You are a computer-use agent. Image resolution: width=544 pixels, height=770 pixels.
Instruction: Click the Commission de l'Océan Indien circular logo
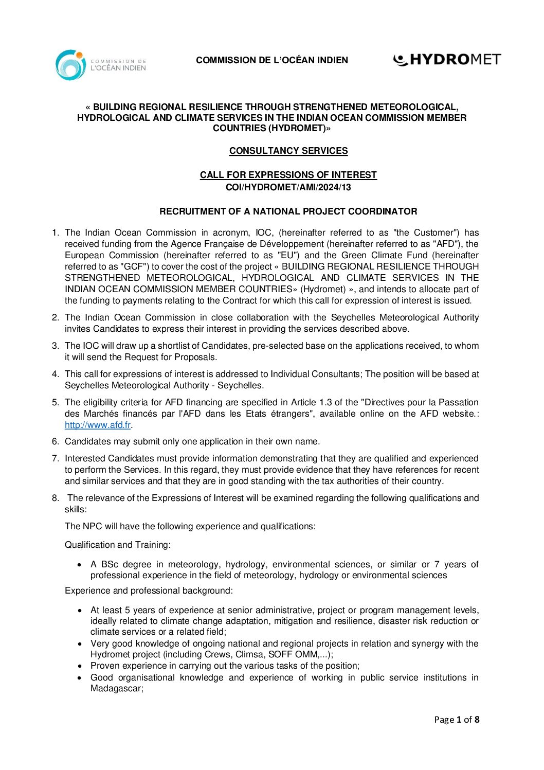pyautogui.click(x=70, y=65)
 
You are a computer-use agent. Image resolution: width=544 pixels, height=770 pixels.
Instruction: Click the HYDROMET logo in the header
pyautogui.click(x=446, y=60)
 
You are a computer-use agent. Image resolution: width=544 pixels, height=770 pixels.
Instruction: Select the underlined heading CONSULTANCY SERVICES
pyautogui.click(x=288, y=151)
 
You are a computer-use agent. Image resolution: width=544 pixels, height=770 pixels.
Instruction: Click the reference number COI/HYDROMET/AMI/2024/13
pyautogui.click(x=288, y=187)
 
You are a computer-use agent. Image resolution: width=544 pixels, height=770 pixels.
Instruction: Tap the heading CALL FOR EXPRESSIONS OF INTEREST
pyautogui.click(x=288, y=175)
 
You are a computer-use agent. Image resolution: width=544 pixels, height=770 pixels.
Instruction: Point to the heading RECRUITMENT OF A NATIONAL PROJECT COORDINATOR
pyautogui.click(x=288, y=211)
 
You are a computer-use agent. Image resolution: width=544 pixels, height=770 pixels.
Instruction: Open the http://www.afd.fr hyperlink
pyautogui.click(x=98, y=425)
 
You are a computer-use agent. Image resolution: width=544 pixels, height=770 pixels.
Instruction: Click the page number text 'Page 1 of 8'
pyautogui.click(x=457, y=720)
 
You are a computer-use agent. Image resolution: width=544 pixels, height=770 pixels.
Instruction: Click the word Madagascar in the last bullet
pyautogui.click(x=116, y=688)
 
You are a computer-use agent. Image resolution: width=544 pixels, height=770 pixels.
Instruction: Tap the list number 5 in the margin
pyautogui.click(x=56, y=402)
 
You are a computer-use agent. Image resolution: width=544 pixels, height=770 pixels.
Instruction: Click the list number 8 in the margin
pyautogui.click(x=56, y=498)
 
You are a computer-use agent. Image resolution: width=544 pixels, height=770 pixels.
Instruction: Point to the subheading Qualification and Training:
pyautogui.click(x=118, y=545)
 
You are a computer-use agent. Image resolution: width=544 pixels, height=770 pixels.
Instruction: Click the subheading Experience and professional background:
pyautogui.click(x=149, y=590)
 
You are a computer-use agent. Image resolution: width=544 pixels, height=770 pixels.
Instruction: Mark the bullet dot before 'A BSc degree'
pyautogui.click(x=79, y=565)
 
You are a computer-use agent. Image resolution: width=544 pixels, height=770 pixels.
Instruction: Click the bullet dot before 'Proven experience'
pyautogui.click(x=79, y=666)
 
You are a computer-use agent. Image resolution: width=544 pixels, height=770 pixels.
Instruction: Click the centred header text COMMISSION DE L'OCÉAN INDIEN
pyautogui.click(x=272, y=60)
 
